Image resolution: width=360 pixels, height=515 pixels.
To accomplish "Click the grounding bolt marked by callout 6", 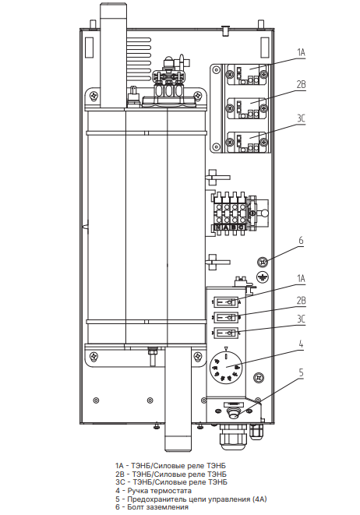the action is tap(262, 262).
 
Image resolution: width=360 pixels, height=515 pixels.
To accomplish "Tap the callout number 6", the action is tap(301, 241).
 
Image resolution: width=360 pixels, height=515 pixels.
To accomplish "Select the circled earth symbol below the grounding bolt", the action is tap(262, 277).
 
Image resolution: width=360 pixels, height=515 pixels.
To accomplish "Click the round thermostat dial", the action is tap(225, 367).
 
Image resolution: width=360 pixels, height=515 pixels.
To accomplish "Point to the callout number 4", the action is tap(301, 344).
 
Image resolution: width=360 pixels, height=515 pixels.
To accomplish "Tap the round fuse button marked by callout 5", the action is tap(234, 413).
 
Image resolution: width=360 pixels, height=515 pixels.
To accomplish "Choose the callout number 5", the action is tap(301, 373).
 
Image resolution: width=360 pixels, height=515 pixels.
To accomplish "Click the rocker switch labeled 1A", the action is tap(226, 302).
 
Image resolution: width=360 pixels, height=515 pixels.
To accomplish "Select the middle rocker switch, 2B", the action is tap(226, 317).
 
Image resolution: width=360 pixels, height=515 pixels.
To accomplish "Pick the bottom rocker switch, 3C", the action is tap(226, 333).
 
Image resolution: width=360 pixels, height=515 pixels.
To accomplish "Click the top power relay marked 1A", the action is tap(246, 75).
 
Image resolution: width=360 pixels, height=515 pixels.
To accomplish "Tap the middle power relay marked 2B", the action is tap(246, 108).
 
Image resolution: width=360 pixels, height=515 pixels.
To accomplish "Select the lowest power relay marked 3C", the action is tap(246, 142).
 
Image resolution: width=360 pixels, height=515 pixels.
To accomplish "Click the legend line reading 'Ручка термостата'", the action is tap(154, 491).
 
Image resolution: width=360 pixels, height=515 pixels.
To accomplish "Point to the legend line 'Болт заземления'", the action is tap(152, 507).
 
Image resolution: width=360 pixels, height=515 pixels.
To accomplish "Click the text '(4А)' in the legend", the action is tap(259, 499).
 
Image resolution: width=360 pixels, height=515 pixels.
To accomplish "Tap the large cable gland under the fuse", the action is tap(233, 436).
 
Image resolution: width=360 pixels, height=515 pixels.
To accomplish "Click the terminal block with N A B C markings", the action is tap(230, 213).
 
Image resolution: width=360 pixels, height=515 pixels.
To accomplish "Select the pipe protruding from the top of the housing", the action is tap(113, 55).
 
